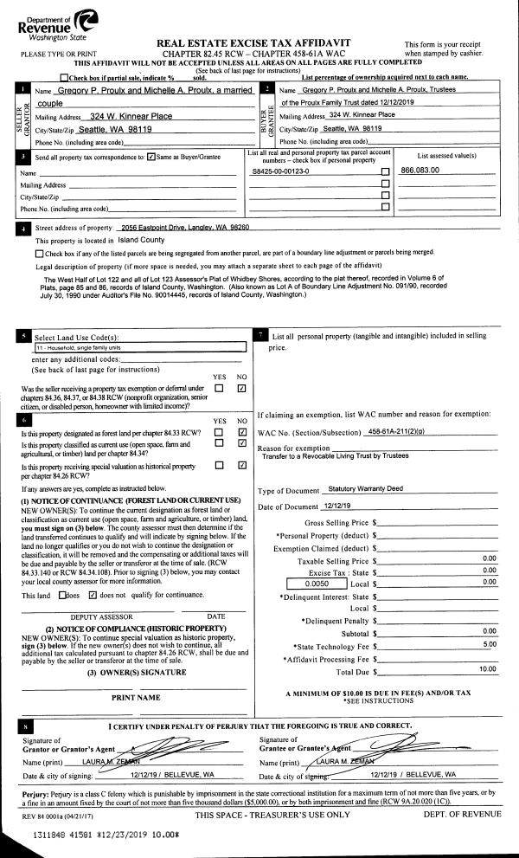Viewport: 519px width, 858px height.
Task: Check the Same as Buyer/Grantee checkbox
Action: click(x=151, y=157)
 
